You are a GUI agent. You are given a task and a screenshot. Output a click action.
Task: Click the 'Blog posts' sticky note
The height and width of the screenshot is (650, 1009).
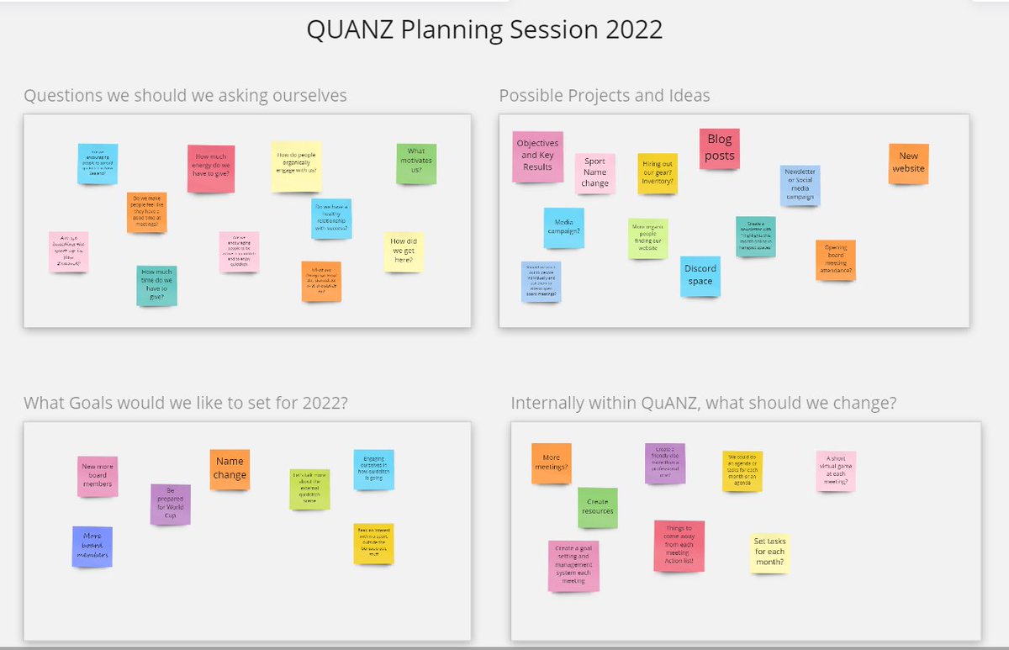[x=719, y=148]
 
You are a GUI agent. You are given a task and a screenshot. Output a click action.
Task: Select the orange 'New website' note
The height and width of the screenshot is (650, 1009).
[x=908, y=162]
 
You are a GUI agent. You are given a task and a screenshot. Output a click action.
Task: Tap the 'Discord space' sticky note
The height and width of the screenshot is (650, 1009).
[x=700, y=276]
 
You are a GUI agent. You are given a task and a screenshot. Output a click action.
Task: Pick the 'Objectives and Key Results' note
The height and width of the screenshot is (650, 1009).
[x=537, y=156]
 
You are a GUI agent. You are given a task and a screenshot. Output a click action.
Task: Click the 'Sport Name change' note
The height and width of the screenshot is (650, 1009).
[x=594, y=172]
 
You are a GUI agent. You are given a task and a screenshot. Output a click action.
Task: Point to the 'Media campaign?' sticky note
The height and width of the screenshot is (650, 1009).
[x=563, y=228]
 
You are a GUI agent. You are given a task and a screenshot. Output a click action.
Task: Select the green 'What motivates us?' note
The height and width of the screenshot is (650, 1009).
[x=416, y=164]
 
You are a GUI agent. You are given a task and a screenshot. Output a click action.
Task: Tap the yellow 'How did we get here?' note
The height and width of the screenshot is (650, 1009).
[x=403, y=251]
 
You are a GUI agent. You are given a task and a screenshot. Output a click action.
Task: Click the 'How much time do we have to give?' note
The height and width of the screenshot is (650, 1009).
[x=157, y=285]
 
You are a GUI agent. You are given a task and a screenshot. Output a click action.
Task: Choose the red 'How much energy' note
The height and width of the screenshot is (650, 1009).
[x=210, y=168]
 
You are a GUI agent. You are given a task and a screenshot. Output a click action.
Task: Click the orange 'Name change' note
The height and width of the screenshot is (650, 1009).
[x=230, y=468]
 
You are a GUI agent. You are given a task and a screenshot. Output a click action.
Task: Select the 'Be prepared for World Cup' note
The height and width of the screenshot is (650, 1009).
[x=170, y=504]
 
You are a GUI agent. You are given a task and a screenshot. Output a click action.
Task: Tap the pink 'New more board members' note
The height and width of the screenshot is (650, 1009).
[x=98, y=476]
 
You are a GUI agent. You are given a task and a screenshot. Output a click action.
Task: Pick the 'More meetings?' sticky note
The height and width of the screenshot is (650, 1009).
[x=551, y=462]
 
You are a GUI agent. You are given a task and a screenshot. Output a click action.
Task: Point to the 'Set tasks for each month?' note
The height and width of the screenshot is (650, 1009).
[x=769, y=552]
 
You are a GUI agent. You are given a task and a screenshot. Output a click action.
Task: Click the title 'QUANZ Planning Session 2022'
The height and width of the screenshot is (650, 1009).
[x=484, y=30]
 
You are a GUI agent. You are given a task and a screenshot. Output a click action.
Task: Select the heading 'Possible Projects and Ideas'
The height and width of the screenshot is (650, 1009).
[x=604, y=96]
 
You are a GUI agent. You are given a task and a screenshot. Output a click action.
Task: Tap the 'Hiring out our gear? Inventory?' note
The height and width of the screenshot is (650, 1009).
[x=657, y=173]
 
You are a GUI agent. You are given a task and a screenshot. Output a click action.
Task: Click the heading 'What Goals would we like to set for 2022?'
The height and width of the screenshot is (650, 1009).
[x=186, y=404]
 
